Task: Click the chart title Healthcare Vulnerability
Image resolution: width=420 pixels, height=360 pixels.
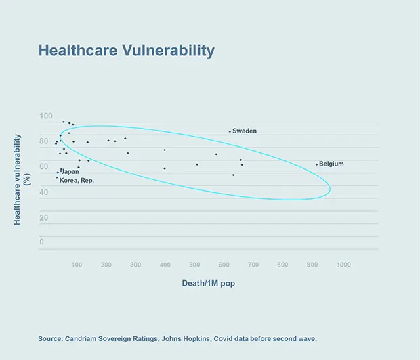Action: click(126, 51)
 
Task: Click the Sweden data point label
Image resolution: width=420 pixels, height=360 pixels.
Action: click(245, 131)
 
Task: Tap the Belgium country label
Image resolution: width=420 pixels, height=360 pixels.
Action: click(331, 164)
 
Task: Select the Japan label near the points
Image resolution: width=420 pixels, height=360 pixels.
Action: click(70, 172)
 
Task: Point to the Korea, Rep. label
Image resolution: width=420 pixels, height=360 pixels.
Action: click(77, 181)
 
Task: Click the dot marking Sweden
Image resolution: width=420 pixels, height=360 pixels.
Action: click(230, 131)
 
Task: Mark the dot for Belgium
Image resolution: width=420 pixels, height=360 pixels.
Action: click(316, 164)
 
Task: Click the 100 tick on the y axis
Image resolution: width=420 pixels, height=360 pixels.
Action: click(45, 116)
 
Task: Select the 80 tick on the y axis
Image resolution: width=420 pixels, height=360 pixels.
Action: click(43, 141)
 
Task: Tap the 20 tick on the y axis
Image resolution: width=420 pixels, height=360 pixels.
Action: click(43, 218)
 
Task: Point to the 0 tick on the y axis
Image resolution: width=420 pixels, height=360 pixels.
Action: click(41, 242)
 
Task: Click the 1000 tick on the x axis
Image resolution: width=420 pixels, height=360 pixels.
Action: click(343, 264)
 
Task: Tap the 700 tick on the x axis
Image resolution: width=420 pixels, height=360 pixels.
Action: click(255, 264)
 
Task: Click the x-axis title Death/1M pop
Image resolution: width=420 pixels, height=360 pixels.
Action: click(208, 284)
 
